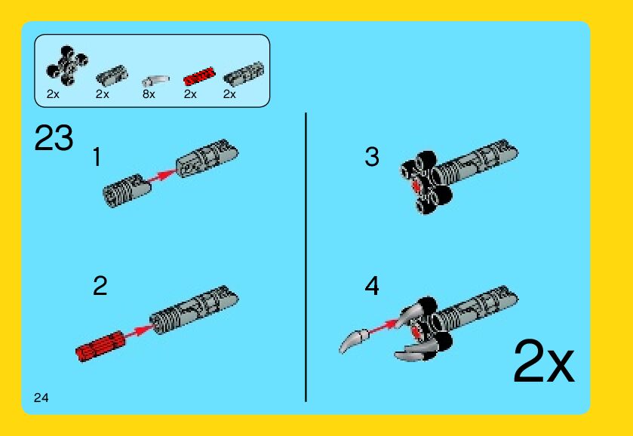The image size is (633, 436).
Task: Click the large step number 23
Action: click(54, 138)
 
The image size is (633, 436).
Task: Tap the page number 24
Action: click(41, 398)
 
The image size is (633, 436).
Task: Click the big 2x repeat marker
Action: click(543, 362)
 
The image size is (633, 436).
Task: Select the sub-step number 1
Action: click(97, 157)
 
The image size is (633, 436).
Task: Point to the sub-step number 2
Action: click(100, 285)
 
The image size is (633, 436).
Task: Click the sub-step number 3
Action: click(372, 157)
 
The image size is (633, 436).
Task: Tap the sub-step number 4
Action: click(372, 286)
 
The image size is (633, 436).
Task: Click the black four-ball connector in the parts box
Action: click(67, 66)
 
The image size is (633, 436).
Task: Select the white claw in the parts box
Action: click(155, 81)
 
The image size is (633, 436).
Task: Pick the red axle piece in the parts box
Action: click(199, 76)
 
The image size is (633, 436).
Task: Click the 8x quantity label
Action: click(149, 94)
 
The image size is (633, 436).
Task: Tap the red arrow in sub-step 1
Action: click(162, 176)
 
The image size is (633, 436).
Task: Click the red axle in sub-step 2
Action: click(100, 346)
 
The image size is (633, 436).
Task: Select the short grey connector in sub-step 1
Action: click(127, 190)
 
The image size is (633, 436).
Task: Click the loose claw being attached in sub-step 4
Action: click(354, 340)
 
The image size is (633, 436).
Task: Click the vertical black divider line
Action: click(306, 257)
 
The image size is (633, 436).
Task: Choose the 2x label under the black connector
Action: click(53, 94)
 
